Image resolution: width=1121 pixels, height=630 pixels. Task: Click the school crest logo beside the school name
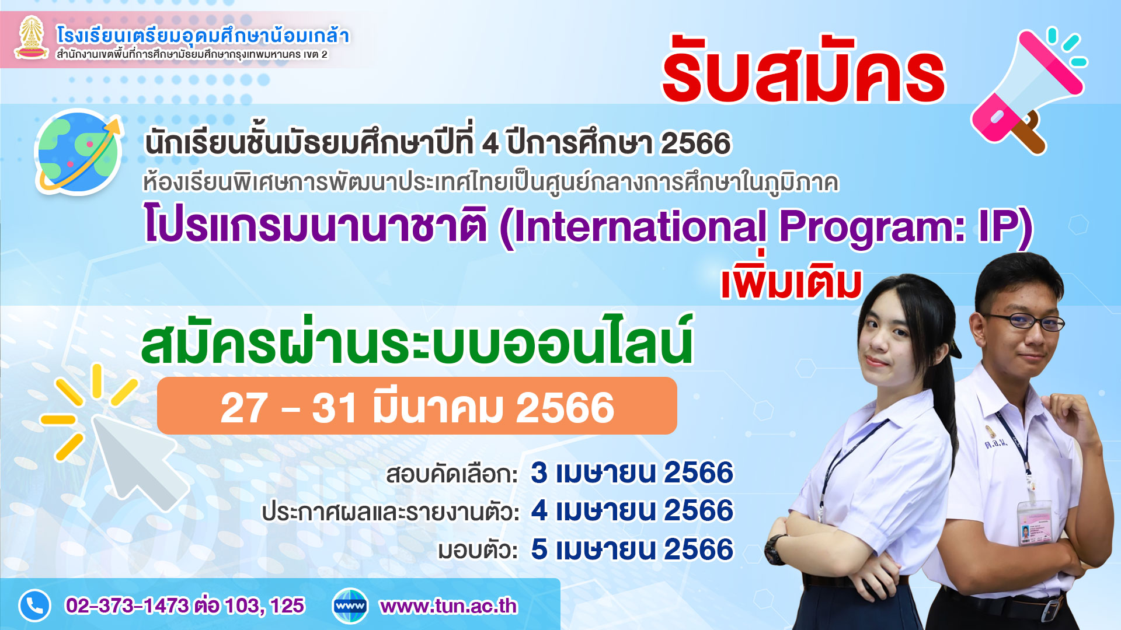tap(32, 38)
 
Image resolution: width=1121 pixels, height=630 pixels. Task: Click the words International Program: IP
tap(767, 227)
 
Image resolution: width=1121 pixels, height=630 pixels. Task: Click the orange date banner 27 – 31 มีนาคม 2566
tap(417, 406)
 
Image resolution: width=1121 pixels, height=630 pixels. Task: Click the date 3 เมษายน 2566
tap(632, 473)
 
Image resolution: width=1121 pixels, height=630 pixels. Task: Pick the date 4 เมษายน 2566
tap(632, 510)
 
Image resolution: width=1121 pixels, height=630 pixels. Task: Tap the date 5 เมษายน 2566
tap(632, 549)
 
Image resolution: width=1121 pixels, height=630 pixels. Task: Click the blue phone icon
tap(34, 606)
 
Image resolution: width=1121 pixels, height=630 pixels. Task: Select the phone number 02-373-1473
tap(127, 606)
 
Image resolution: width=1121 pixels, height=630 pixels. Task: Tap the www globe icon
tap(350, 606)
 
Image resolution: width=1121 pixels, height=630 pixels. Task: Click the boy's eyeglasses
tap(1024, 321)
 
